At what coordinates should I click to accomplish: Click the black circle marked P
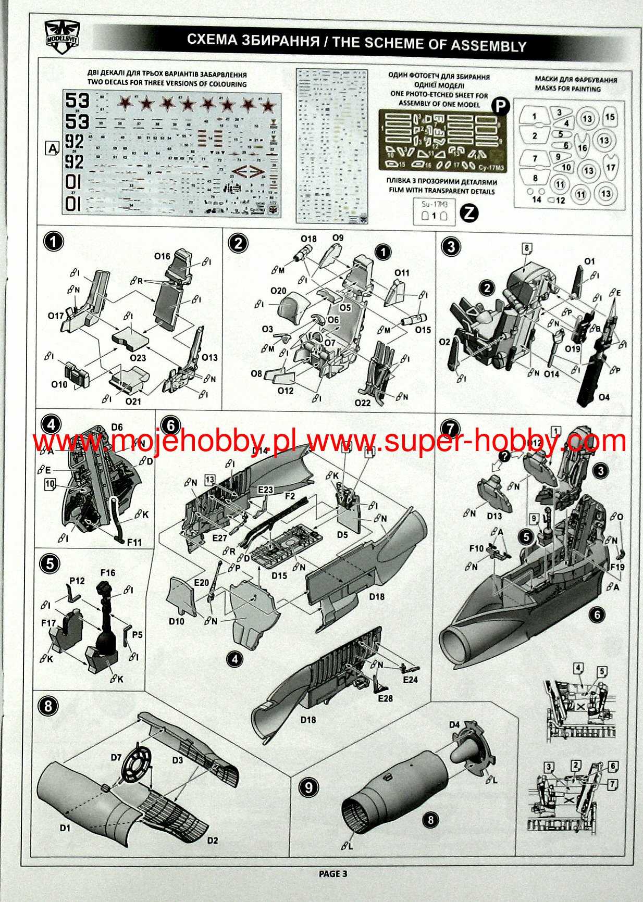tap(500, 106)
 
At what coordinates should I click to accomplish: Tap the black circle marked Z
tap(469, 212)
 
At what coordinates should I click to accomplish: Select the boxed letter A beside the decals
tap(53, 148)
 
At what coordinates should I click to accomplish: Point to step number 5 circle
tap(50, 564)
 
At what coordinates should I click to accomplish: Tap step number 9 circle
tap(308, 786)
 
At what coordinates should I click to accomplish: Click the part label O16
tap(162, 256)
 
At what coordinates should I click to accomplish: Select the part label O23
tap(138, 358)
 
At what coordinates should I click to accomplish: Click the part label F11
tap(134, 542)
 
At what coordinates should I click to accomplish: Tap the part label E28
tap(386, 698)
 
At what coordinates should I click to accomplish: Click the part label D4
tap(454, 724)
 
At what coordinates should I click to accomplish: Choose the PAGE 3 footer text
tap(332, 873)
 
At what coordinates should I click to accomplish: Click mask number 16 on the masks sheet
tap(582, 148)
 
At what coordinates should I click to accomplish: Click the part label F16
tap(108, 573)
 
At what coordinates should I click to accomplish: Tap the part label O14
tap(551, 374)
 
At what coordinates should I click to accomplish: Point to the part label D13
tap(494, 516)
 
